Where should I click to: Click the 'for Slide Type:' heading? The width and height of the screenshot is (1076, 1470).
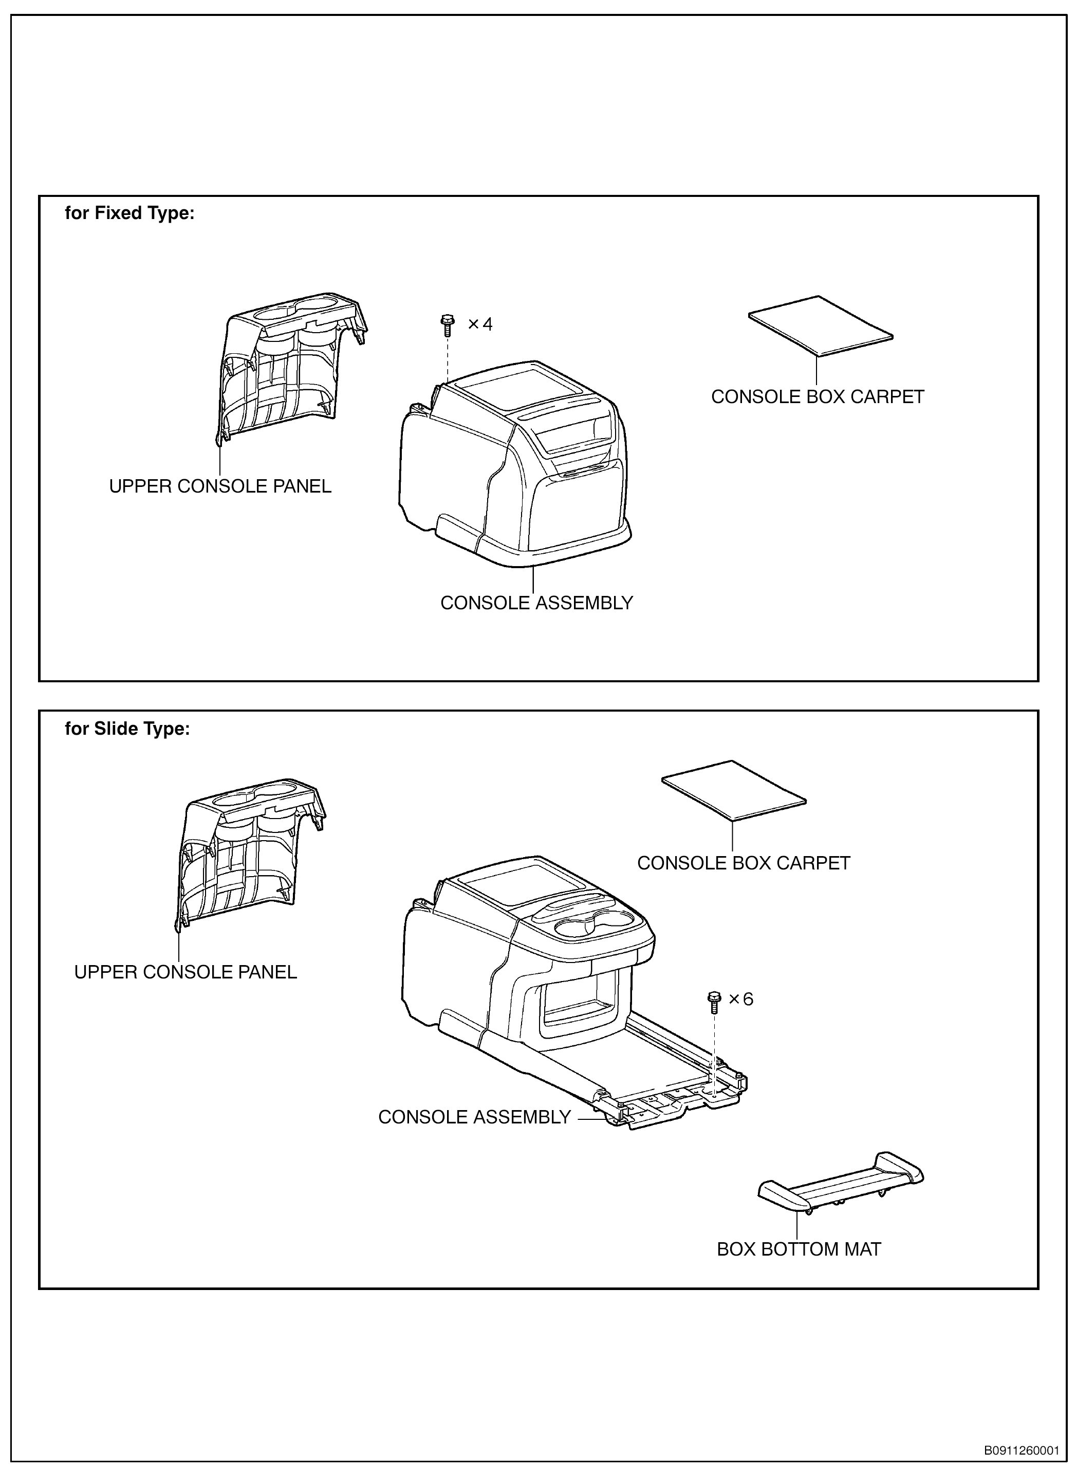[x=127, y=729]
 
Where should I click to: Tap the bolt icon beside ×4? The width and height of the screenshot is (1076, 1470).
[x=448, y=324]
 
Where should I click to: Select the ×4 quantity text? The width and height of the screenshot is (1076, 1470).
[x=480, y=324]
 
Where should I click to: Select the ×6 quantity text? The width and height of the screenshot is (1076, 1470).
[x=740, y=999]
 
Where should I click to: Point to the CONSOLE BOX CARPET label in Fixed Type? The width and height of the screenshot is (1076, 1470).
[x=818, y=397]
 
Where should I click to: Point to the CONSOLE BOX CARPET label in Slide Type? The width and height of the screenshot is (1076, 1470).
[x=743, y=863]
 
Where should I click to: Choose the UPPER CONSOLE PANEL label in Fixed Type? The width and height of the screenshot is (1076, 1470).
[x=220, y=486]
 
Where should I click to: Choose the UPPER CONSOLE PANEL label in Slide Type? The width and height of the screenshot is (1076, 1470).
[x=185, y=972]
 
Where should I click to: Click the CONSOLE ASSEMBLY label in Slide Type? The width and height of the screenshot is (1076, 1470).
[x=474, y=1117]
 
